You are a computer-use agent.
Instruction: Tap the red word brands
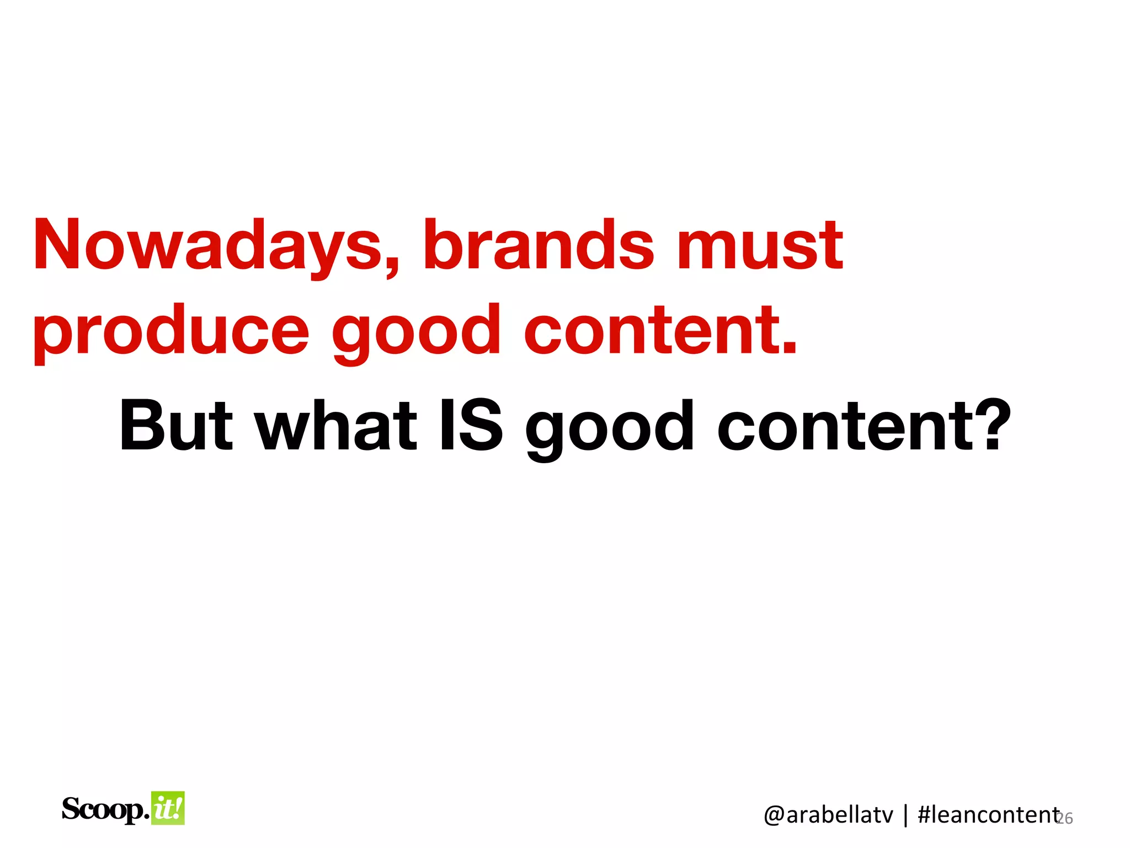[538, 246]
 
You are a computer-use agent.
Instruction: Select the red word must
[760, 246]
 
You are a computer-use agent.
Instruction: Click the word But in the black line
[177, 426]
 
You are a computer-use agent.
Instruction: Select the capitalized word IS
[470, 426]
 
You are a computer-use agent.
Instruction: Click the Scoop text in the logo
[105, 810]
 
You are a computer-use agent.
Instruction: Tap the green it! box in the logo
[168, 809]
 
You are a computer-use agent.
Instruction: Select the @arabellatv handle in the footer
[828, 815]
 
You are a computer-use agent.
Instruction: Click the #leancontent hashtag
[988, 815]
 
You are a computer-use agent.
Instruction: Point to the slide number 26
[1065, 818]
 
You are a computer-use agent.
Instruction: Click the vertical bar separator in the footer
[905, 815]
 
